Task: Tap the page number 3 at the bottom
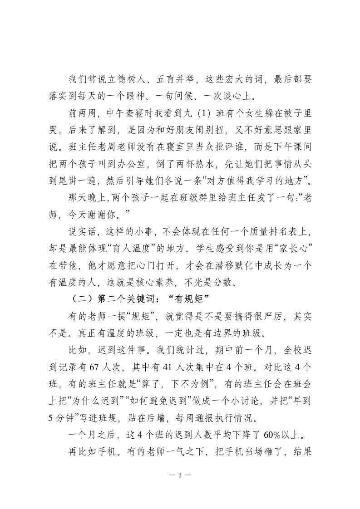pyautogui.click(x=180, y=475)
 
